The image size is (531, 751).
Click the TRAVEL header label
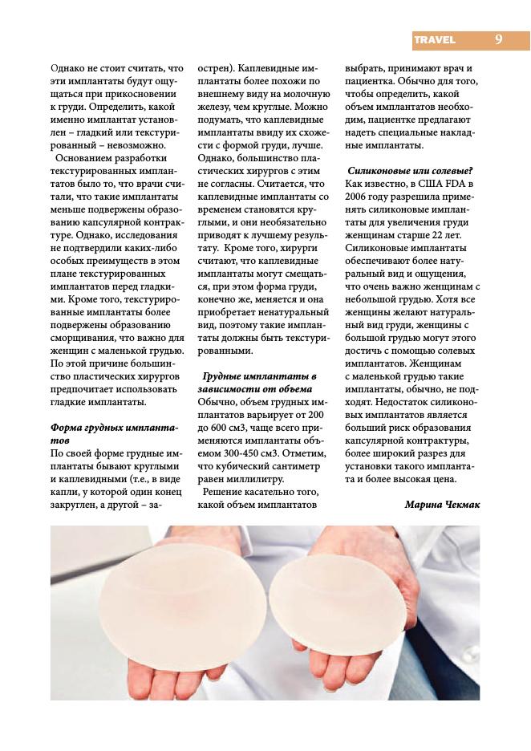[435, 39]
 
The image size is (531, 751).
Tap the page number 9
[499, 39]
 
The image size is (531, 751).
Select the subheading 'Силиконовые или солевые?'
[409, 170]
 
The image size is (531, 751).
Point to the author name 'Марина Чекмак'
[440, 504]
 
